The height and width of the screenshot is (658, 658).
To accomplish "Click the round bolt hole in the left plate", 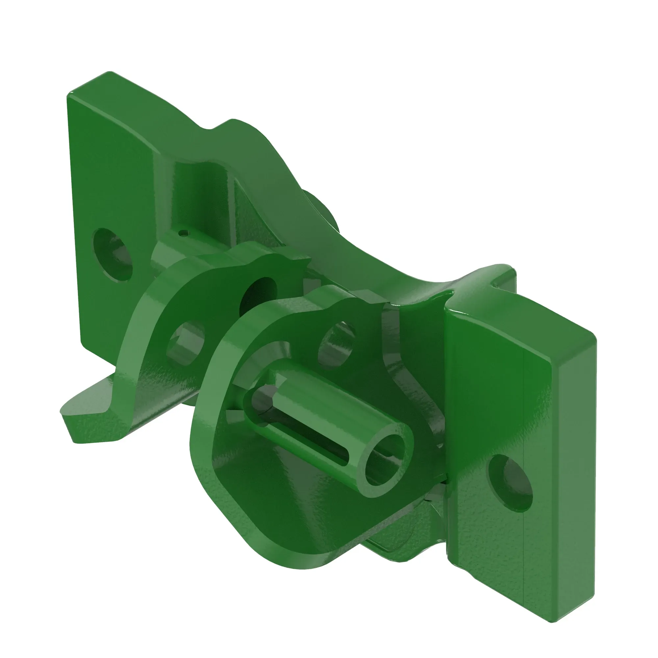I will click(x=113, y=255).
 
